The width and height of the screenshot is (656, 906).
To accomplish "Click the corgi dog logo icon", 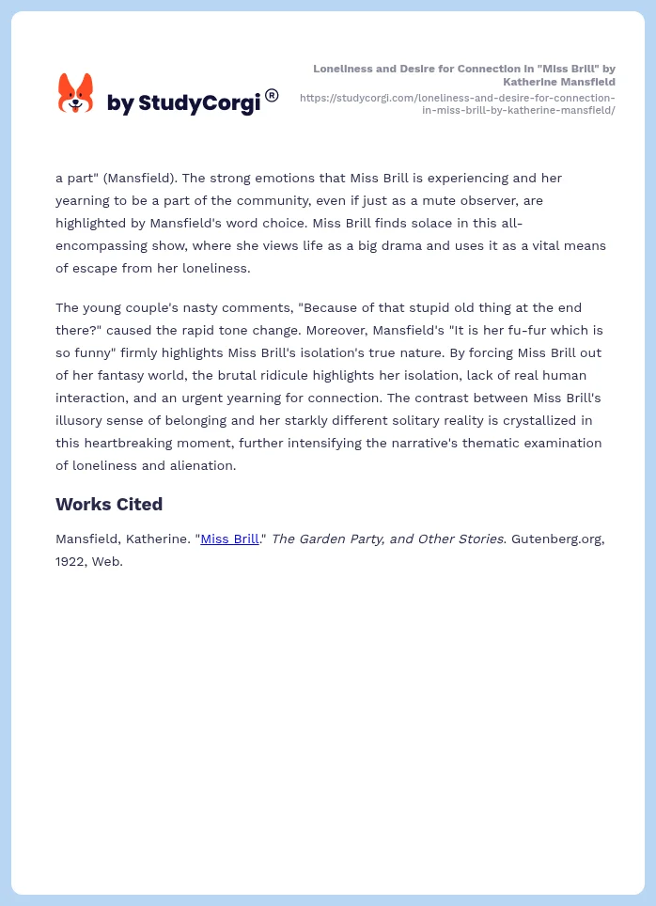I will pos(75,94).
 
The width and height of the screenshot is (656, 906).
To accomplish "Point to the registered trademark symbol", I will pos(272,95).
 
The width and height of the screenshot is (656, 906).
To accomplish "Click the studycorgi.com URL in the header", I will pos(458,103).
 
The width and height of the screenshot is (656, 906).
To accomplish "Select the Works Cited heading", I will pos(109,504).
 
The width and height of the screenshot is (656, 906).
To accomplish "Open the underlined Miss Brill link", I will pos(229,539).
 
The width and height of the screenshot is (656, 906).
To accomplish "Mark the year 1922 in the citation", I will pos(73,561).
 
